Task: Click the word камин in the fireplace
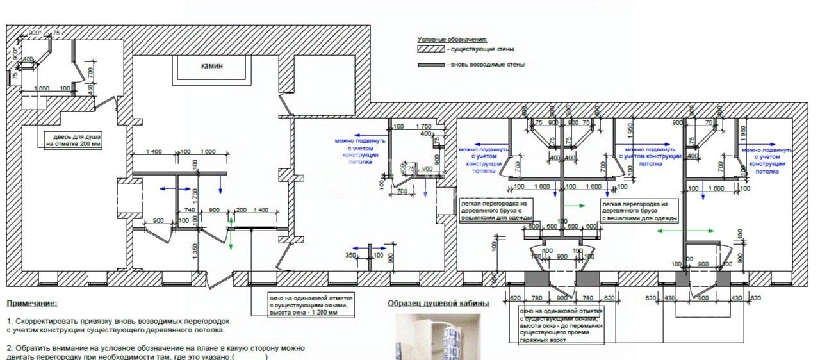[212, 66]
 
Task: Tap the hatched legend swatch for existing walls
[430, 49]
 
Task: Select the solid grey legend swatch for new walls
[430, 65]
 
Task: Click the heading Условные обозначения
[452, 40]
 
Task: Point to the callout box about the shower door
[73, 140]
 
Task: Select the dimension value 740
[190, 210]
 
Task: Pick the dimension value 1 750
[423, 127]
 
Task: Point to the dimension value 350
[350, 256]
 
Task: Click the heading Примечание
[31, 304]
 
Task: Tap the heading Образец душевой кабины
[438, 303]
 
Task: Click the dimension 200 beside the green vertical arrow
[241, 210]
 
